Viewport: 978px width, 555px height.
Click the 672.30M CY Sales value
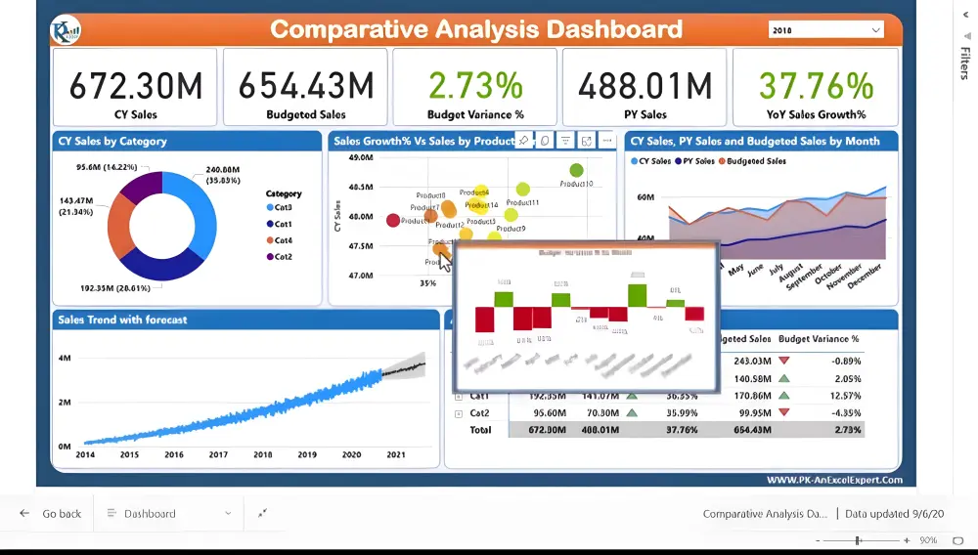(x=135, y=86)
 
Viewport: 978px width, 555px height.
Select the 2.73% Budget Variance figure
(x=475, y=86)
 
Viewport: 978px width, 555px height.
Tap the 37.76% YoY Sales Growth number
(x=816, y=86)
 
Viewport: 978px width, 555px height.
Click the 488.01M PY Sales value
(x=645, y=86)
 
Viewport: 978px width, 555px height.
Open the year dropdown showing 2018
(x=826, y=30)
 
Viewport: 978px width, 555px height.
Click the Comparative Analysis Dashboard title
(x=476, y=29)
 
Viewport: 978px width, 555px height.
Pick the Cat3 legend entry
(x=283, y=208)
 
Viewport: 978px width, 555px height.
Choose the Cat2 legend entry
(x=283, y=257)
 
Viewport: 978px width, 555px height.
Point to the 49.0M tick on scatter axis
(x=360, y=157)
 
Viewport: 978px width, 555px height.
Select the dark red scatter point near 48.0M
(x=393, y=221)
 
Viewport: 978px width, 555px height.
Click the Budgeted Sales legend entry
(x=756, y=161)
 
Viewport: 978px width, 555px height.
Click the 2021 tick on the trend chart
(x=396, y=455)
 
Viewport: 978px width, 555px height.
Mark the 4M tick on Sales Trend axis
(x=64, y=359)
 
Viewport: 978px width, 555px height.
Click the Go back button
(x=52, y=513)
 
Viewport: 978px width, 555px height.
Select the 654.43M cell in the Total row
(x=752, y=430)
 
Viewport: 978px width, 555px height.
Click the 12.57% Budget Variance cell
(x=843, y=396)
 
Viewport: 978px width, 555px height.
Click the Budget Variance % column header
(x=819, y=339)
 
